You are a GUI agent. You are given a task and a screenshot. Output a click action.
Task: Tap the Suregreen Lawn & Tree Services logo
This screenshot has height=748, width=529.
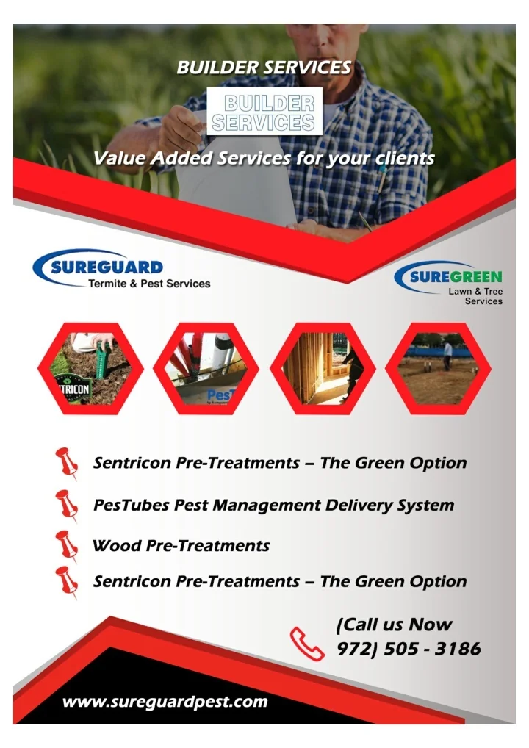click(449, 283)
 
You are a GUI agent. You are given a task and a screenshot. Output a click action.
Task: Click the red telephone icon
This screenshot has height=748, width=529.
click(306, 643)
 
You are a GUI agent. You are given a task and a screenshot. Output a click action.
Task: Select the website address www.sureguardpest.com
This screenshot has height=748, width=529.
click(165, 702)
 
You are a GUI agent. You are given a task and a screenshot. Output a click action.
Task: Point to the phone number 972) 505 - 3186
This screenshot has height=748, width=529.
click(409, 650)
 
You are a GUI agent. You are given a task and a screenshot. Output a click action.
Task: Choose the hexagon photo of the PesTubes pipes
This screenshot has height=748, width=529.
click(206, 368)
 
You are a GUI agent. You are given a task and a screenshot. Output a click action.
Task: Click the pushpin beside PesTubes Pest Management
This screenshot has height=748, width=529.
click(67, 506)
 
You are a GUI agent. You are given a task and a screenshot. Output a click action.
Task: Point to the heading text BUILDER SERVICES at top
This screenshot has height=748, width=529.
click(264, 68)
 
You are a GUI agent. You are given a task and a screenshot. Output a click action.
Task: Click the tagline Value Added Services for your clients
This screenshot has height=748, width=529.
click(264, 158)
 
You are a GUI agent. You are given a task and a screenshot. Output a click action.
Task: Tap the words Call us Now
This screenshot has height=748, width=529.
click(395, 625)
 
